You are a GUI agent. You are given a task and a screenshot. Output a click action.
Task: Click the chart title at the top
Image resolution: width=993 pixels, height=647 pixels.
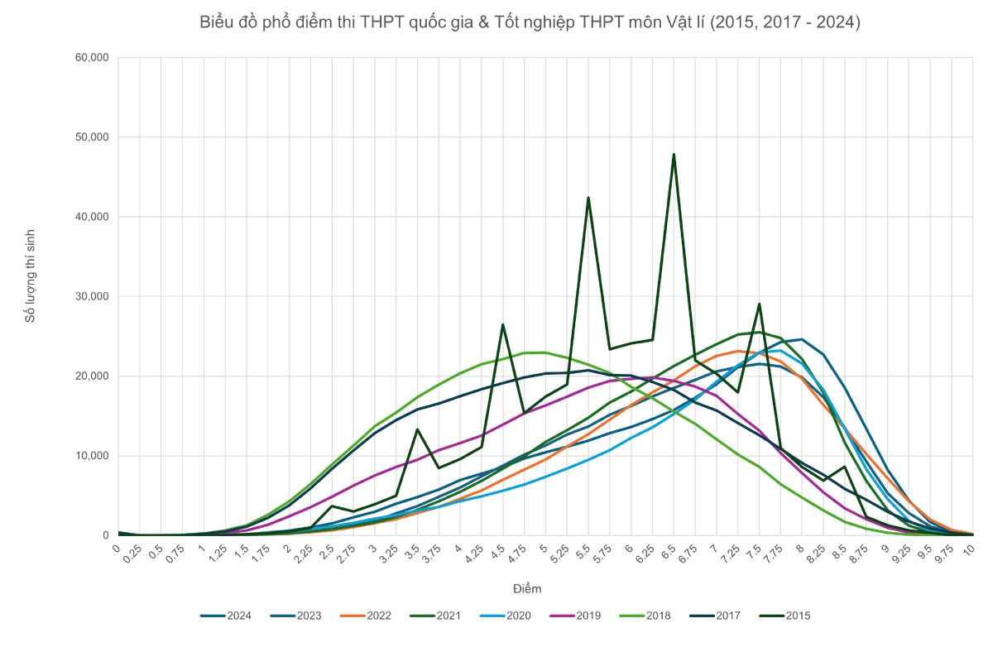(532, 22)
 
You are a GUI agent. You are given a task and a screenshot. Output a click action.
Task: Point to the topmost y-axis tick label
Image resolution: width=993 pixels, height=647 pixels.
(89, 55)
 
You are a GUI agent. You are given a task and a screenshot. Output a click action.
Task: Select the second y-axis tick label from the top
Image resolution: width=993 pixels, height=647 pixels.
(89, 135)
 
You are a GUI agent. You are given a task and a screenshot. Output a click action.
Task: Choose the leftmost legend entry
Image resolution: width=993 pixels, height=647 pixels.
(223, 616)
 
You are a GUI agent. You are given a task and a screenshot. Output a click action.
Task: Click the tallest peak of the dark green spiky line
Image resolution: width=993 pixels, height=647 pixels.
(675, 155)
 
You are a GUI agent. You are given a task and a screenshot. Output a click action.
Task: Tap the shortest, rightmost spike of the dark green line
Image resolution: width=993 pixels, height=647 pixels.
(842, 466)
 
